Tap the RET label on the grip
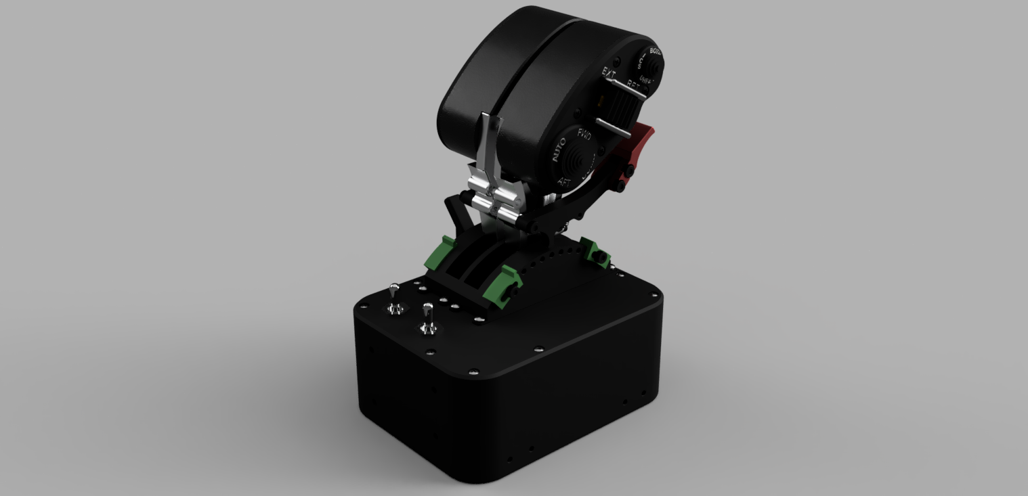[x=634, y=85]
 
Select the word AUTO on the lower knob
[x=559, y=150]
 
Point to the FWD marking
[x=584, y=135]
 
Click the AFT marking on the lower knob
[x=563, y=182]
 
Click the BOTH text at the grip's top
[x=655, y=51]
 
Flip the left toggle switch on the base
[x=394, y=298]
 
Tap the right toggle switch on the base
[x=427, y=318]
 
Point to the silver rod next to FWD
[x=614, y=128]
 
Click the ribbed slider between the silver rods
[x=618, y=108]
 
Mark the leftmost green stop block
[x=438, y=253]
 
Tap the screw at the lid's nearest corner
[x=473, y=372]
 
